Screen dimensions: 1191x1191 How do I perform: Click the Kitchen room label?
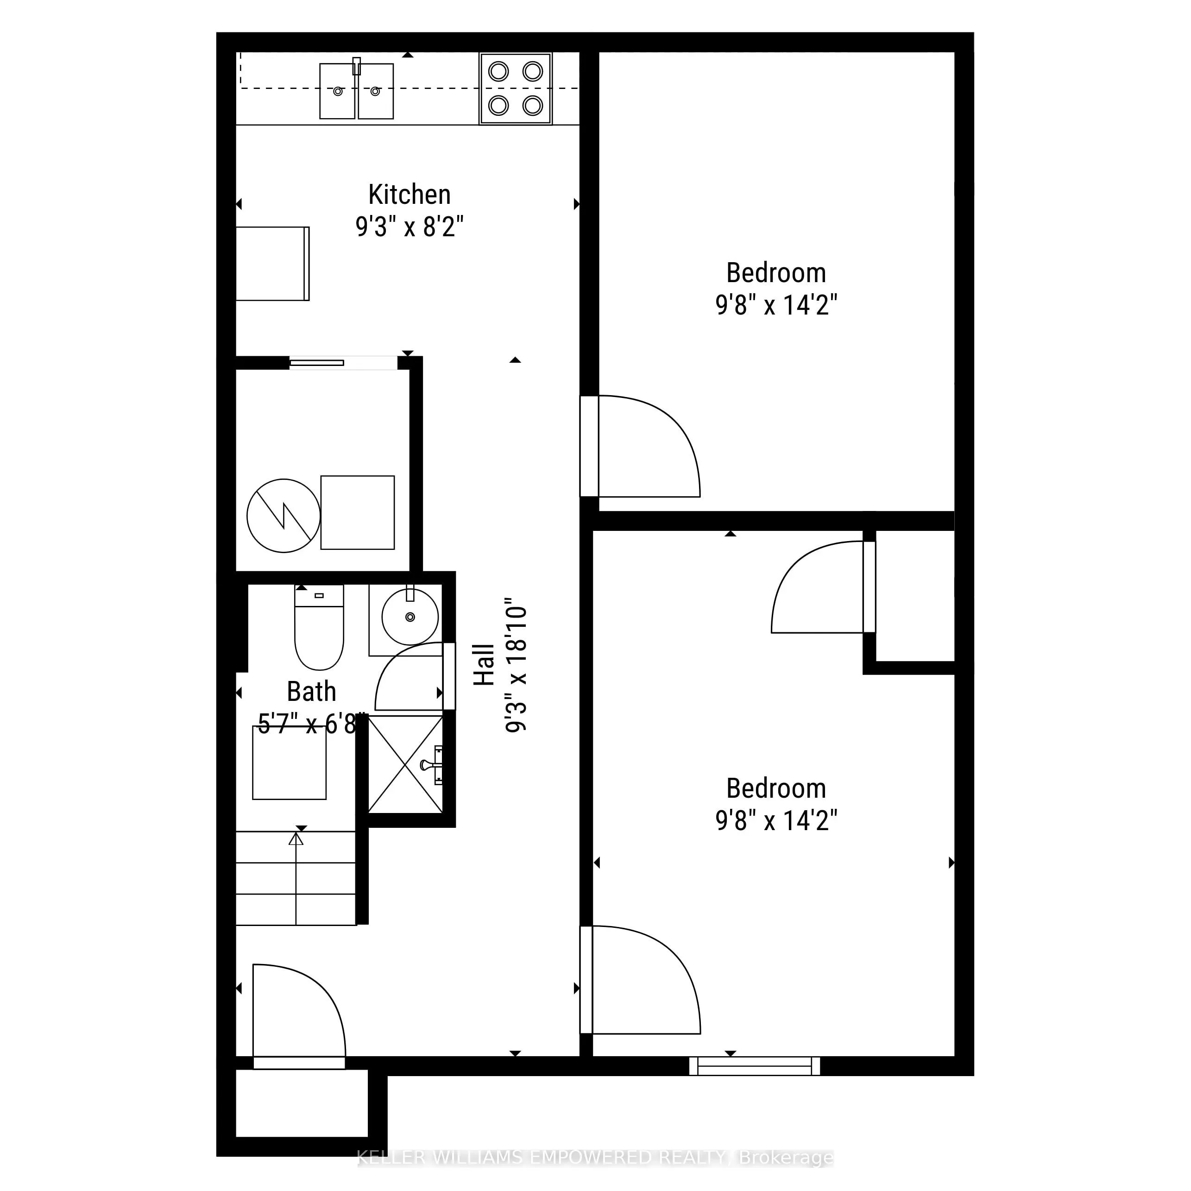[x=410, y=195]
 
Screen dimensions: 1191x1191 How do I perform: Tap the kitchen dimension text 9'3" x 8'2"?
[x=410, y=227]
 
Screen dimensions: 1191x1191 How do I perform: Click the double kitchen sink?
[x=356, y=91]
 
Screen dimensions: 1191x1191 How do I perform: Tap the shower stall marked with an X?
[x=405, y=764]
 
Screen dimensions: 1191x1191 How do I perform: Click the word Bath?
[x=311, y=692]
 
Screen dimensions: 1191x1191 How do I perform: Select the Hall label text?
[x=485, y=665]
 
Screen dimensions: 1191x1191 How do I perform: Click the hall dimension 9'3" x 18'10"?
[x=516, y=665]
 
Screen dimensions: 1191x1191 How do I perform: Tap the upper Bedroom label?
[x=775, y=272]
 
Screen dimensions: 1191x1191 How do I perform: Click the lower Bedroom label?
[x=775, y=788]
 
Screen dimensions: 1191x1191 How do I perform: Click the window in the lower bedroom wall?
[x=755, y=1066]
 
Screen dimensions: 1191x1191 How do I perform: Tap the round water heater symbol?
[x=284, y=516]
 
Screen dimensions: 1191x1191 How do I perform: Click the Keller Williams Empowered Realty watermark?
[x=595, y=1158]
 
